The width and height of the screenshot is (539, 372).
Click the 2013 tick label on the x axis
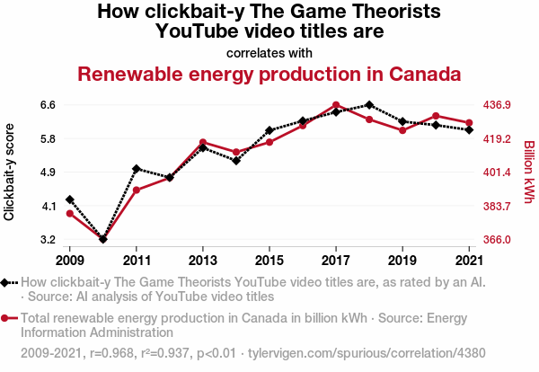pyautogui.click(x=203, y=261)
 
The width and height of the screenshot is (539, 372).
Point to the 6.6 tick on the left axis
pyautogui.click(x=48, y=105)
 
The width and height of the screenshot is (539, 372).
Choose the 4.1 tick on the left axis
pyautogui.click(x=48, y=207)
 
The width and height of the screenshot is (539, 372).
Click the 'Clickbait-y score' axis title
pyautogui.click(x=10, y=172)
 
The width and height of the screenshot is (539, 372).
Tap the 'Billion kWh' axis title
pyautogui.click(x=528, y=172)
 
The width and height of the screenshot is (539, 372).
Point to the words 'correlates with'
pyautogui.click(x=269, y=51)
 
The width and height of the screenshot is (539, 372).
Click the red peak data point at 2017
pyautogui.click(x=336, y=105)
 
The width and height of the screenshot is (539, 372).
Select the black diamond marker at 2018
pyautogui.click(x=369, y=105)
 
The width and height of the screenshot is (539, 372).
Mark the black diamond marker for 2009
pyautogui.click(x=70, y=199)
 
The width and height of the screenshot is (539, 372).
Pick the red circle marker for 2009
pyautogui.click(x=70, y=213)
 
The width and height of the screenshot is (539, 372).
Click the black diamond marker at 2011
pyautogui.click(x=137, y=169)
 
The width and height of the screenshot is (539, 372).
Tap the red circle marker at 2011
pyautogui.click(x=137, y=190)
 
